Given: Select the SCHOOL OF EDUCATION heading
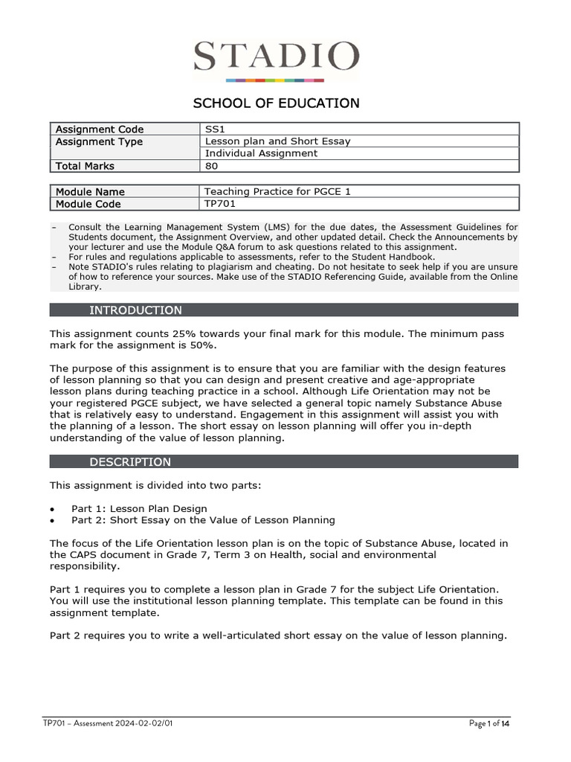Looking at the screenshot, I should (276, 103).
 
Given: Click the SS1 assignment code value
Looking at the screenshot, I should (214, 129).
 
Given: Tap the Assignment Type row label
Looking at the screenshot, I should (99, 141).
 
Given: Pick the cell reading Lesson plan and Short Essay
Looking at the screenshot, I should (277, 141).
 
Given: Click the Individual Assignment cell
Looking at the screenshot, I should (261, 153).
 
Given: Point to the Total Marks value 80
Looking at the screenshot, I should (211, 166).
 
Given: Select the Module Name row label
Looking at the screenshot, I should (90, 192).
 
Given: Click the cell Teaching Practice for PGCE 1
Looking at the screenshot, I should (277, 192).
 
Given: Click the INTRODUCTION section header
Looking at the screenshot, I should (135, 310).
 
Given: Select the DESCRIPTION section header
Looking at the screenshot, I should (130, 462).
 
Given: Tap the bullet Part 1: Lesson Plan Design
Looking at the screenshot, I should (139, 508).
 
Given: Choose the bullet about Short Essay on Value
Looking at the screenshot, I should (203, 520).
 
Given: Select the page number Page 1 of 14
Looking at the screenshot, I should (489, 723).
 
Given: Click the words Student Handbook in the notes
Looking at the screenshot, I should (401, 257).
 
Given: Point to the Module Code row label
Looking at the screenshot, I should (88, 204).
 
